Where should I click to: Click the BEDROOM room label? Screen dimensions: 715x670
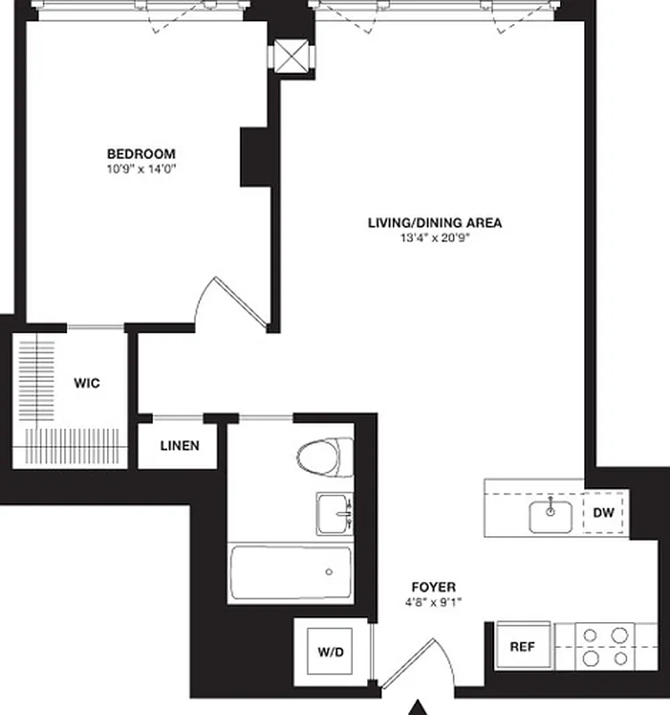[x=141, y=154]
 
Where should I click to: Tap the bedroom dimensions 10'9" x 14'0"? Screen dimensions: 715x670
[x=141, y=167]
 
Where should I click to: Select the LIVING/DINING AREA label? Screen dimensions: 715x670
[x=435, y=223]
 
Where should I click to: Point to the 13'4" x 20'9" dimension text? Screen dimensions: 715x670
[x=435, y=237]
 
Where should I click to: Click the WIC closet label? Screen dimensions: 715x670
[x=87, y=383]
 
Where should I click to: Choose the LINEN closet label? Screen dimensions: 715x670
[x=180, y=446]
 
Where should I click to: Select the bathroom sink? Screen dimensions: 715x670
[x=335, y=514]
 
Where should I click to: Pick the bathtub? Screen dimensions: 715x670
[x=291, y=572]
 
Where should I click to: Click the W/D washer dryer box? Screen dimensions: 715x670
[x=330, y=652]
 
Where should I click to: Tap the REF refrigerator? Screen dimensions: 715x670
[x=522, y=646]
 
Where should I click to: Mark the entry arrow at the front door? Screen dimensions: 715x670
[x=417, y=707]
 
